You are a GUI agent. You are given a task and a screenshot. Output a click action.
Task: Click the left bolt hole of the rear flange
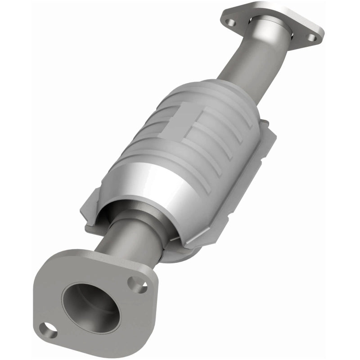pyautogui.click(x=231, y=21)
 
